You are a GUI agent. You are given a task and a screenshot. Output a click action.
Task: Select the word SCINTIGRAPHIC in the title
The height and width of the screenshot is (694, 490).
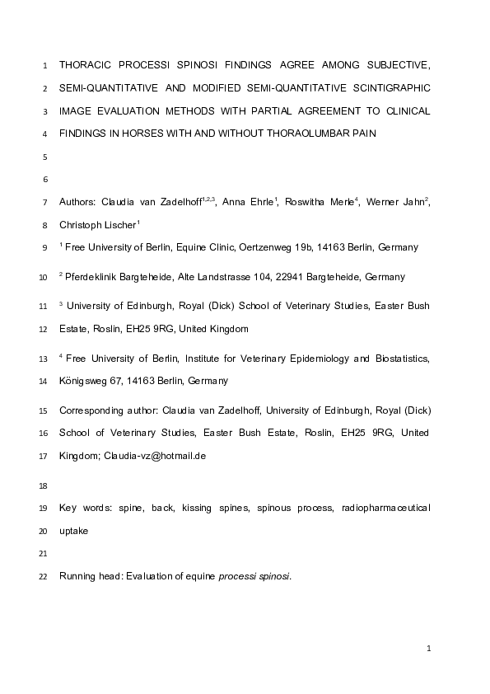(x=392, y=87)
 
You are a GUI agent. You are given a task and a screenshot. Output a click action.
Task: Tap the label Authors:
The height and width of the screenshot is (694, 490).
(x=78, y=202)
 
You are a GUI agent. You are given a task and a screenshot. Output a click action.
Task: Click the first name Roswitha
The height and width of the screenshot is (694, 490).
(x=307, y=202)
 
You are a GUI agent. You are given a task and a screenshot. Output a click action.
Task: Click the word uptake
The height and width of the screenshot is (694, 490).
(x=74, y=532)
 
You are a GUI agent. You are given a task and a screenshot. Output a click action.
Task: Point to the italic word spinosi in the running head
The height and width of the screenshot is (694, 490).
(x=273, y=577)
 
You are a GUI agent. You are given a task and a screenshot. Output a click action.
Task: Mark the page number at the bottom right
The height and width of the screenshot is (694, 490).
(x=429, y=649)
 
